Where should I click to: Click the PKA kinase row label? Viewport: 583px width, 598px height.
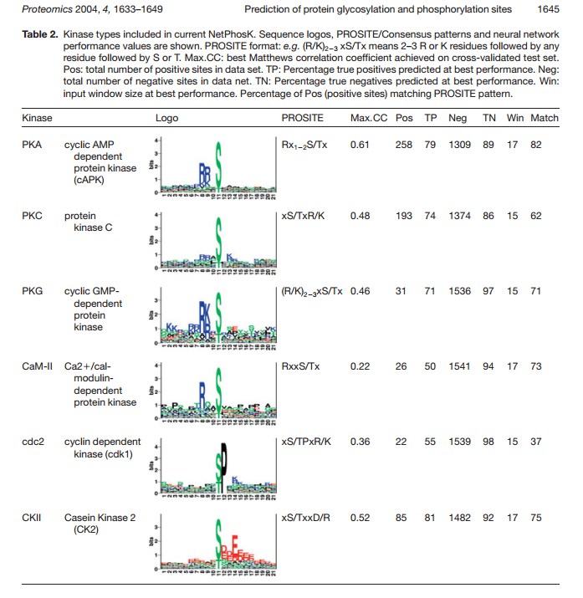click(32, 145)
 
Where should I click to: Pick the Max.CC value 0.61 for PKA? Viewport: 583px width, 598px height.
click(360, 145)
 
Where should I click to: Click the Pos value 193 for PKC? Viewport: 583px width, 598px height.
click(404, 216)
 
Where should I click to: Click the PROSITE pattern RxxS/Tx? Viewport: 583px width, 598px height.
click(304, 367)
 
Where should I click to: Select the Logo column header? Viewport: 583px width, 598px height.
click(167, 118)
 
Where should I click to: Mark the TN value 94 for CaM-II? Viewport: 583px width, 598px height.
click(488, 367)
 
